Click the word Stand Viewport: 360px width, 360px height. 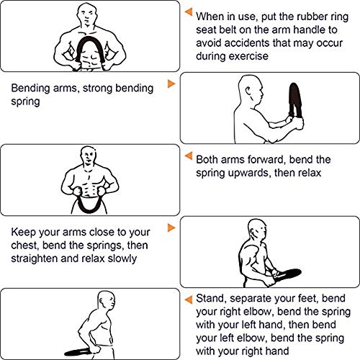[202, 298]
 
